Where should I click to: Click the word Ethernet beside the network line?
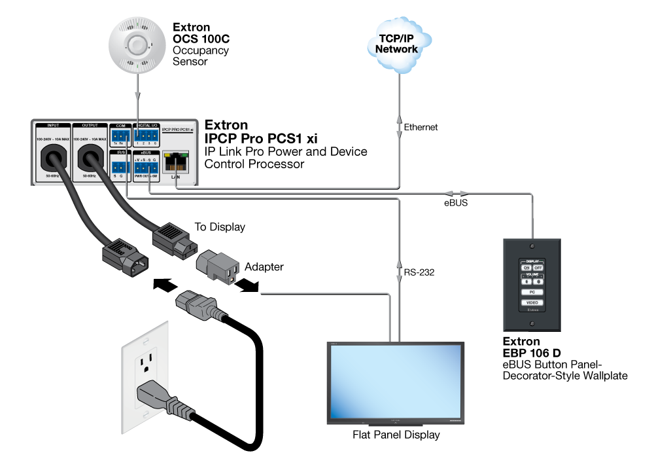click(x=421, y=127)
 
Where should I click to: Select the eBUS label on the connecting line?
click(x=455, y=203)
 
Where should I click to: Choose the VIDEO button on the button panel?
click(x=533, y=302)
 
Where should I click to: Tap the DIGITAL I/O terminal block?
click(x=146, y=136)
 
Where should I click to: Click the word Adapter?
click(x=265, y=267)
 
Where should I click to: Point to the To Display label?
click(x=220, y=227)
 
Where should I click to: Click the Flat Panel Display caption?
click(x=396, y=434)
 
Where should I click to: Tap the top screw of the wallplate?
click(x=533, y=247)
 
